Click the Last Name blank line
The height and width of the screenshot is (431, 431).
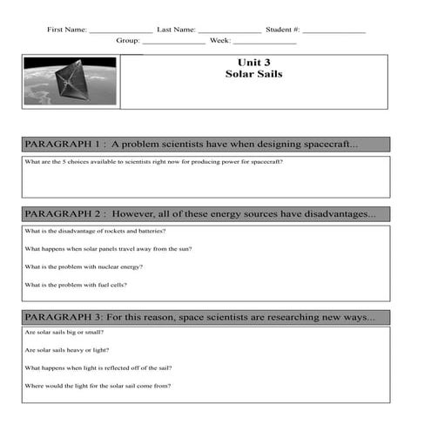click(x=229, y=32)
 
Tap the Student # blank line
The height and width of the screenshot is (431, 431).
click(x=334, y=32)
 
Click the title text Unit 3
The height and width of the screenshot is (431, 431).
click(x=253, y=63)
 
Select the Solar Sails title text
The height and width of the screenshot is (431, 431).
click(x=253, y=75)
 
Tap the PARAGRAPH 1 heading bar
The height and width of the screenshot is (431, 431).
click(x=205, y=144)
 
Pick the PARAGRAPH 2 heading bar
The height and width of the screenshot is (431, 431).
click(x=205, y=213)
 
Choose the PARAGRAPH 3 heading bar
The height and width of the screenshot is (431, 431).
click(x=205, y=317)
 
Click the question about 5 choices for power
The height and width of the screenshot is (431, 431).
click(x=153, y=162)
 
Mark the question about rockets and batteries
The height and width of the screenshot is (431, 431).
click(x=95, y=232)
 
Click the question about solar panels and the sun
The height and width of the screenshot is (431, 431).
click(x=108, y=249)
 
